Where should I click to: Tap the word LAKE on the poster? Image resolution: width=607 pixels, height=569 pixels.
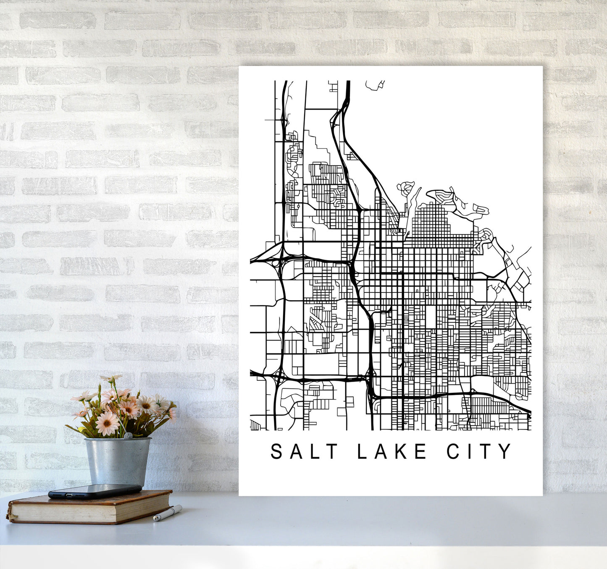(392, 451)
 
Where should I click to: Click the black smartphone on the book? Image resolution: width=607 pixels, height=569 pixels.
(95, 491)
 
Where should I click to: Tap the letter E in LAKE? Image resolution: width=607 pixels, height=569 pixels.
(420, 451)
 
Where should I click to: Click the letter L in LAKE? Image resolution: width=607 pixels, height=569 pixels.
(361, 451)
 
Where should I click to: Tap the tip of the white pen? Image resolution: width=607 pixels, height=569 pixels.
(155, 519)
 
